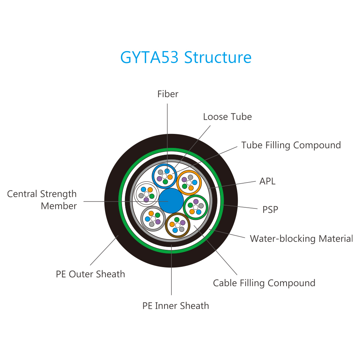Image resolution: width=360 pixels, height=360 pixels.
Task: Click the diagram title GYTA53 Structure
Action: (x=186, y=57)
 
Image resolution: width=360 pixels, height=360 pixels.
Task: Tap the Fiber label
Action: (x=168, y=94)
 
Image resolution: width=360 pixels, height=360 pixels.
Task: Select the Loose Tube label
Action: (x=227, y=117)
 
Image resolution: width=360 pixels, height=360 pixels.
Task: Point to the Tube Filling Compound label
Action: (x=291, y=145)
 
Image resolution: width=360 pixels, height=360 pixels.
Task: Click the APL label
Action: (x=267, y=181)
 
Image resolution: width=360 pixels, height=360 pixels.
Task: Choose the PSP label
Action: (x=270, y=210)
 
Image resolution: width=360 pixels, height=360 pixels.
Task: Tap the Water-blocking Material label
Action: (x=301, y=239)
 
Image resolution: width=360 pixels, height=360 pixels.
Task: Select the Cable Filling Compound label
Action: (x=264, y=283)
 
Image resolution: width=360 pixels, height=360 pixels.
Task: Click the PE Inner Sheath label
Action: (x=176, y=306)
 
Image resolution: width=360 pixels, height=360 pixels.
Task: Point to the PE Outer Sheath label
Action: (x=90, y=274)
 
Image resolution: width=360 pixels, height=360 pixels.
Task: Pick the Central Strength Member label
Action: (x=42, y=200)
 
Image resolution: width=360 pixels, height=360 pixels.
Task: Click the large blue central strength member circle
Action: (x=171, y=201)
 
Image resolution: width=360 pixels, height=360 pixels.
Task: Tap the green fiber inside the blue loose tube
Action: (x=165, y=182)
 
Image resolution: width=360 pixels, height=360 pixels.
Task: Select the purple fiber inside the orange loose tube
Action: (x=184, y=180)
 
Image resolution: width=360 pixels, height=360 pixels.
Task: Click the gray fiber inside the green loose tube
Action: (x=201, y=206)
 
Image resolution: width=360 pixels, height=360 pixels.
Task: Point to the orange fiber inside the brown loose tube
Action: (x=172, y=224)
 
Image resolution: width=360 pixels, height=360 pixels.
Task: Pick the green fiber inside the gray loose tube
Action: (x=158, y=215)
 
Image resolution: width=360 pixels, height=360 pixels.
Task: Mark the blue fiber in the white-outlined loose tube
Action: (x=144, y=189)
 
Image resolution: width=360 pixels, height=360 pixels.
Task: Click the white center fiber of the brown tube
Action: (x=177, y=225)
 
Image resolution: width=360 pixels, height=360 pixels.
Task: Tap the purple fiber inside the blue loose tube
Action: (x=159, y=179)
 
